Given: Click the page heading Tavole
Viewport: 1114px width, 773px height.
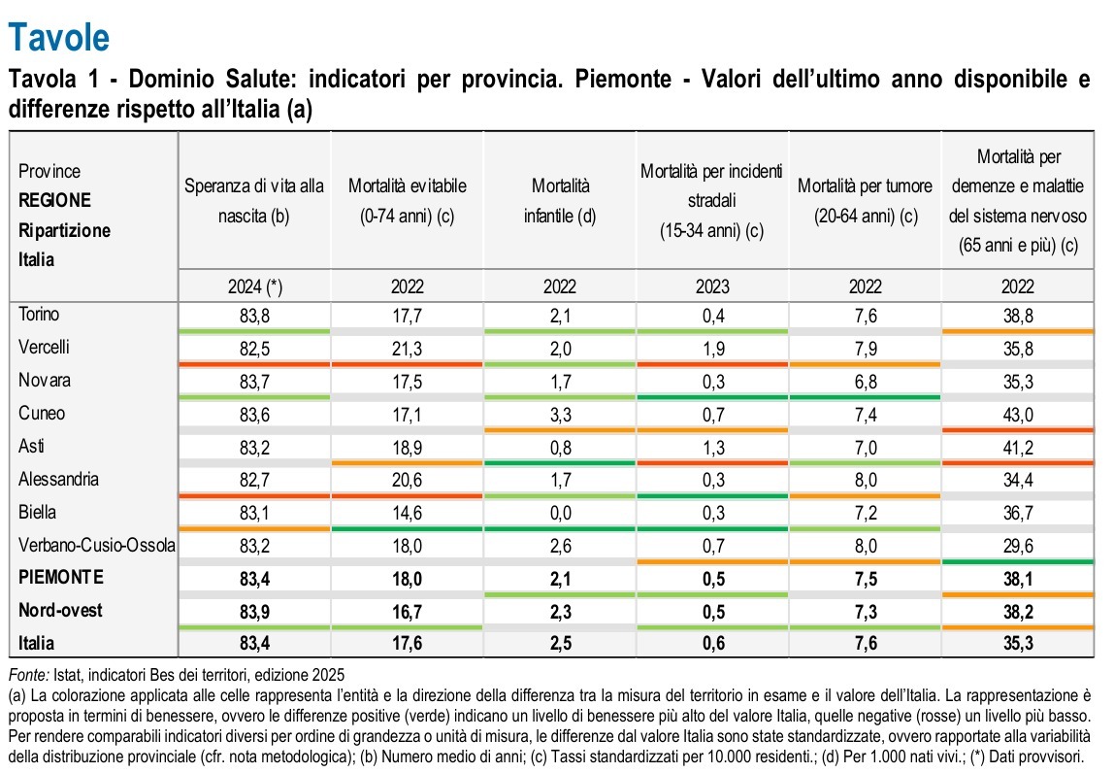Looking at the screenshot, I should coord(58,37).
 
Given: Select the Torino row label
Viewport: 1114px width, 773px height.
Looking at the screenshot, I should coord(39,314).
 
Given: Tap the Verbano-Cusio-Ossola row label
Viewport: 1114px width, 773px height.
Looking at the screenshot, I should coord(97,546).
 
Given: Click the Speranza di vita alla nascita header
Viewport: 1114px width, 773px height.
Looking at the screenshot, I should coord(254,199).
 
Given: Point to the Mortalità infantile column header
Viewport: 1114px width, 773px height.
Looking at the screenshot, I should coord(560,199).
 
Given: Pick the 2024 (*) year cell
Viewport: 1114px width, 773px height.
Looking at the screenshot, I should coord(254,287).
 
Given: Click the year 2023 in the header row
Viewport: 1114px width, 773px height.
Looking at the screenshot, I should coord(712,287).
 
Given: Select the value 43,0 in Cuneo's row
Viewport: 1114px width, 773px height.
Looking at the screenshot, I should coord(1019,414).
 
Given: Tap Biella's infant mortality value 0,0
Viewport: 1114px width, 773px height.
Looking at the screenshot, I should coord(560,513).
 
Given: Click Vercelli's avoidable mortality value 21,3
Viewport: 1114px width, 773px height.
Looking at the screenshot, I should coord(407,348).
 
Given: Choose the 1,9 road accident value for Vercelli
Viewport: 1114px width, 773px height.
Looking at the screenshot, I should coord(712,348).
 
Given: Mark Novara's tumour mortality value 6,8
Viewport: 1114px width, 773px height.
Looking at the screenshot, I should coord(866,381).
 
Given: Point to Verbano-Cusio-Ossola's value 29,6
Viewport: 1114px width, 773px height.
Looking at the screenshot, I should coord(1019,546).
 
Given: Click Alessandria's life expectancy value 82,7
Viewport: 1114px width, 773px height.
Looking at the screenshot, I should coord(254,480).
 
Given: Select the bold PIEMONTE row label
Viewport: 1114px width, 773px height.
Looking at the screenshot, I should coord(60,578).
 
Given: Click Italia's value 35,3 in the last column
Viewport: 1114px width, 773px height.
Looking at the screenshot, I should coord(1019,643).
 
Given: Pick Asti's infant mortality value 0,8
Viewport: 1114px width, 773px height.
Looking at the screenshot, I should coord(560,447).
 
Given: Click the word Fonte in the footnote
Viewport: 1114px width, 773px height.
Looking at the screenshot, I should coord(26,675).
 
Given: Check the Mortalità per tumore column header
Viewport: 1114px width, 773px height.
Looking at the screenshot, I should coord(866,199).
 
